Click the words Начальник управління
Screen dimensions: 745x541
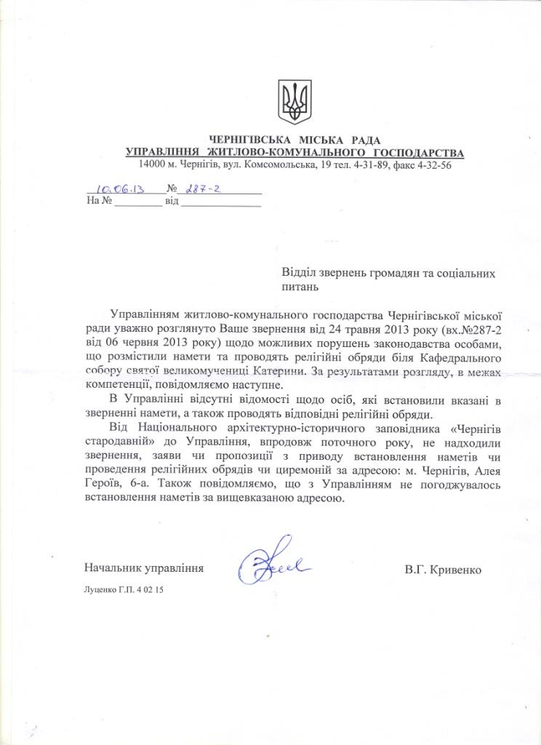tap(143, 566)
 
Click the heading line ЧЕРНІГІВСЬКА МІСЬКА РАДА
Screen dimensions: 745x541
tap(294, 140)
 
